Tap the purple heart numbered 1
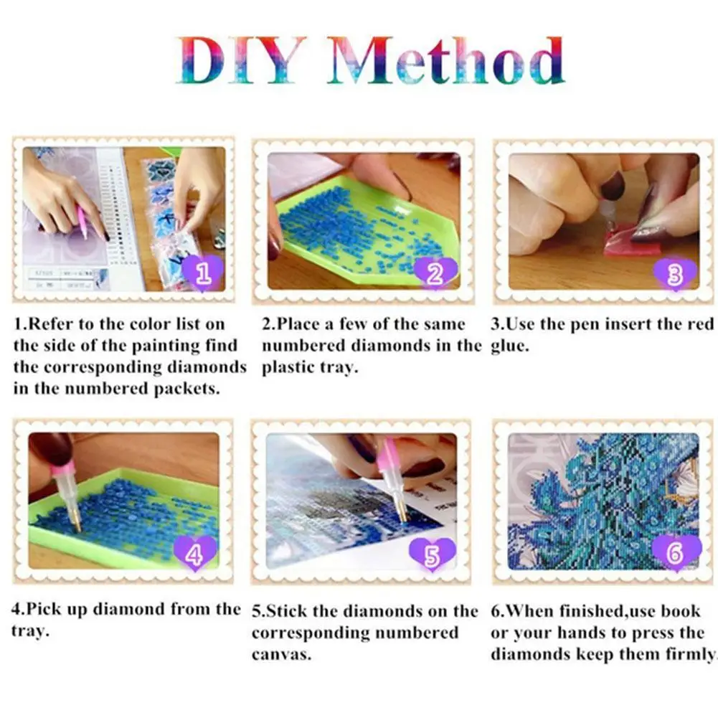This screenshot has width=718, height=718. (x=203, y=273)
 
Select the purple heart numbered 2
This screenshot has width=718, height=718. (x=435, y=273)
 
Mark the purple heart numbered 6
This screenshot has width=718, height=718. (x=675, y=552)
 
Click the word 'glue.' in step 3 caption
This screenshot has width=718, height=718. (x=512, y=346)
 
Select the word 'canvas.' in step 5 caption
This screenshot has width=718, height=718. (x=281, y=655)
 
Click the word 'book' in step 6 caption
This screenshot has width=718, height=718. (x=681, y=611)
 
